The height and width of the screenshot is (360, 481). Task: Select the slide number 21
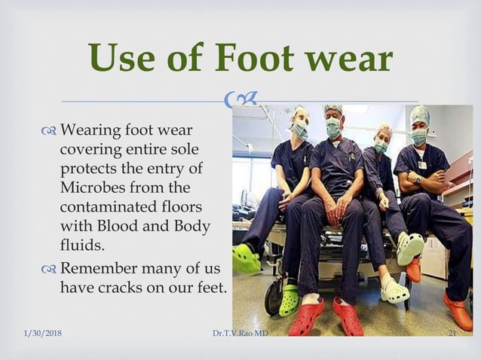tap(453, 334)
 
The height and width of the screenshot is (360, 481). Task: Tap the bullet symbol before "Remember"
tap(50, 270)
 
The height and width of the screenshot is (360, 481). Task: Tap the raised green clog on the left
tap(245, 258)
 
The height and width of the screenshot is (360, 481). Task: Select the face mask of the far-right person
tap(418, 137)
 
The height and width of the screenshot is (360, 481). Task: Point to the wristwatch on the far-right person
tap(418, 180)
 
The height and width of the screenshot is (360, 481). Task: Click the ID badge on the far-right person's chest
tap(422, 164)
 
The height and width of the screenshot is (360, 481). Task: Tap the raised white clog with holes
tap(409, 248)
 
